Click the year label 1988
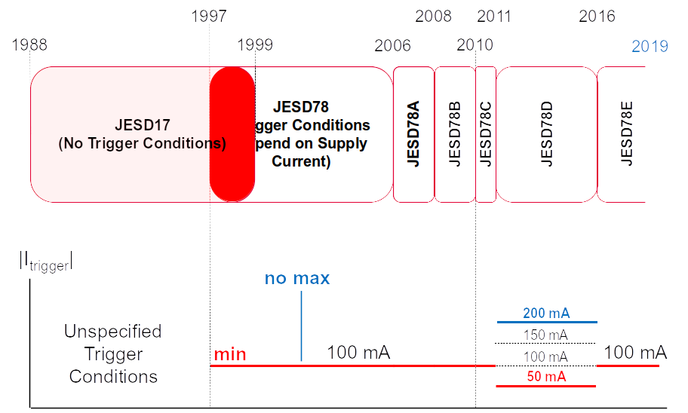[29, 44]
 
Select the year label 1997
[210, 17]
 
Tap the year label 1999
[255, 44]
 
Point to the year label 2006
[392, 45]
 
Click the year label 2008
[433, 17]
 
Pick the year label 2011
[494, 17]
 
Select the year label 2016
[597, 17]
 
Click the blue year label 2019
[650, 47]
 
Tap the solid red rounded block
[232, 134]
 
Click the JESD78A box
[413, 134]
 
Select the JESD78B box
[454, 134]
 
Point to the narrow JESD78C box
[486, 134]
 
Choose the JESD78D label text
[547, 134]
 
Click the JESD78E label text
[625, 134]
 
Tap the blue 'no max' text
[297, 278]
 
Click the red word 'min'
[230, 354]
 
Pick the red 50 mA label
[546, 377]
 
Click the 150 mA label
[546, 335]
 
